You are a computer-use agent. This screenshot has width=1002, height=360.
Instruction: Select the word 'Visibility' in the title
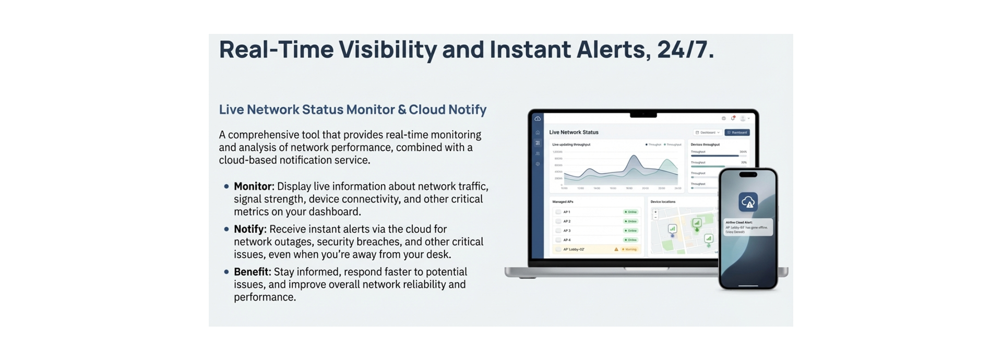click(388, 50)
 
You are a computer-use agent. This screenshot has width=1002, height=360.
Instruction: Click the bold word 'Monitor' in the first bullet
click(253, 186)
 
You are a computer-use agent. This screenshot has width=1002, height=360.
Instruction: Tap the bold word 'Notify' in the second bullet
click(249, 229)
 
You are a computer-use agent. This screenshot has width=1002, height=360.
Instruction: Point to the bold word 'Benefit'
click(252, 272)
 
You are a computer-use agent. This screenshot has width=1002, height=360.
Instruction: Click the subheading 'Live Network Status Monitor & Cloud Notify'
click(352, 110)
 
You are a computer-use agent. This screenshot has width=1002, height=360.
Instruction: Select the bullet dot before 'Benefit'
click(226, 272)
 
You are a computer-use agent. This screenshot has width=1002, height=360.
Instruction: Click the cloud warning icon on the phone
click(748, 202)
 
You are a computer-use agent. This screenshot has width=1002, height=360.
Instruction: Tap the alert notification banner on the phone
click(747, 227)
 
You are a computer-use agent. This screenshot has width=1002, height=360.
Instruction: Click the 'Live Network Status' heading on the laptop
click(574, 132)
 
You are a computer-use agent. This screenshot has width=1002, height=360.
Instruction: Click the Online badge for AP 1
click(631, 212)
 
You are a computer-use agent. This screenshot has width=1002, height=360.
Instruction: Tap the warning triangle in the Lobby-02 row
click(616, 249)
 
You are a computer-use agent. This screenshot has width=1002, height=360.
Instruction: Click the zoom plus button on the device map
click(655, 212)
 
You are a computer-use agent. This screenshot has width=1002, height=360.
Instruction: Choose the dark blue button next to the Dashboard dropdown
click(737, 133)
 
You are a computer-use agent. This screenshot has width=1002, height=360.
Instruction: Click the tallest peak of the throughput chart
click(634, 156)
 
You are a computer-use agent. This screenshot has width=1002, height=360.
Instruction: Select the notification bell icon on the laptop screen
click(733, 118)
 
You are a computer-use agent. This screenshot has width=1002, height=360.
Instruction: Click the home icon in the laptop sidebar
click(538, 133)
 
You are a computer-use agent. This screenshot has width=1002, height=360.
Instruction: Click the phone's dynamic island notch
click(748, 175)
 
